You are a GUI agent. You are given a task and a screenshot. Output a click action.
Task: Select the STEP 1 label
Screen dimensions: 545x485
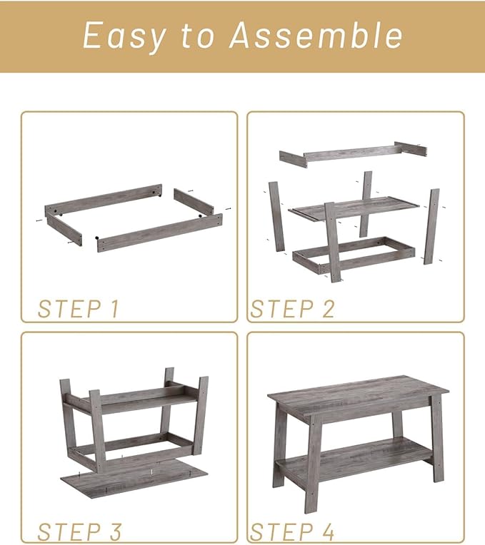(x=79, y=309)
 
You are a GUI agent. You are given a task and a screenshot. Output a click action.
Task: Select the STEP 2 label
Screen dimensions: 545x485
(x=292, y=309)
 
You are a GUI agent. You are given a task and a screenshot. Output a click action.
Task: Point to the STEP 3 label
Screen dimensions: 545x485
(x=79, y=531)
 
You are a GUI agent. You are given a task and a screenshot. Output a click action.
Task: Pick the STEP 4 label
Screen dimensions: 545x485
(x=292, y=531)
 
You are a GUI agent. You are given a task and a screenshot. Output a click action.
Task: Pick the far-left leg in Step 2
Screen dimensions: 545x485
(x=276, y=216)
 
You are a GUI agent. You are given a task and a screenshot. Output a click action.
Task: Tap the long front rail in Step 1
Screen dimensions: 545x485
(x=159, y=232)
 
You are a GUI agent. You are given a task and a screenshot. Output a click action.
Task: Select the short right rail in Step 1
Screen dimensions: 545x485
(x=194, y=203)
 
